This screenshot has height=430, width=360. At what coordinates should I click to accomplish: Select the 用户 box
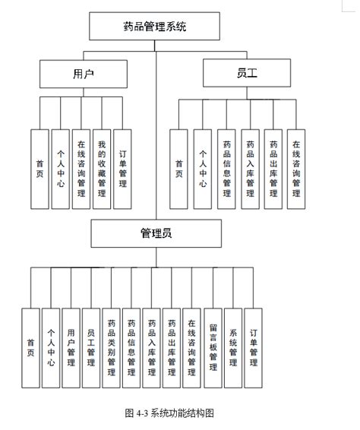[84, 74]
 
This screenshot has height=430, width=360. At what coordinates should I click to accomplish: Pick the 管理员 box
[156, 233]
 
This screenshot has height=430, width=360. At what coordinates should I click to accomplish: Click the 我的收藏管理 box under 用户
[102, 169]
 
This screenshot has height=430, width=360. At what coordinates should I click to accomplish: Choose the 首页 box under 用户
[39, 169]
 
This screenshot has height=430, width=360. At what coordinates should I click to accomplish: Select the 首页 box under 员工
[178, 169]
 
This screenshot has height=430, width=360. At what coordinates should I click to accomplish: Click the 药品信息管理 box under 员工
[226, 169]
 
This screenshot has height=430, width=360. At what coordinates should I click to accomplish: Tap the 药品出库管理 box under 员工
[273, 169]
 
